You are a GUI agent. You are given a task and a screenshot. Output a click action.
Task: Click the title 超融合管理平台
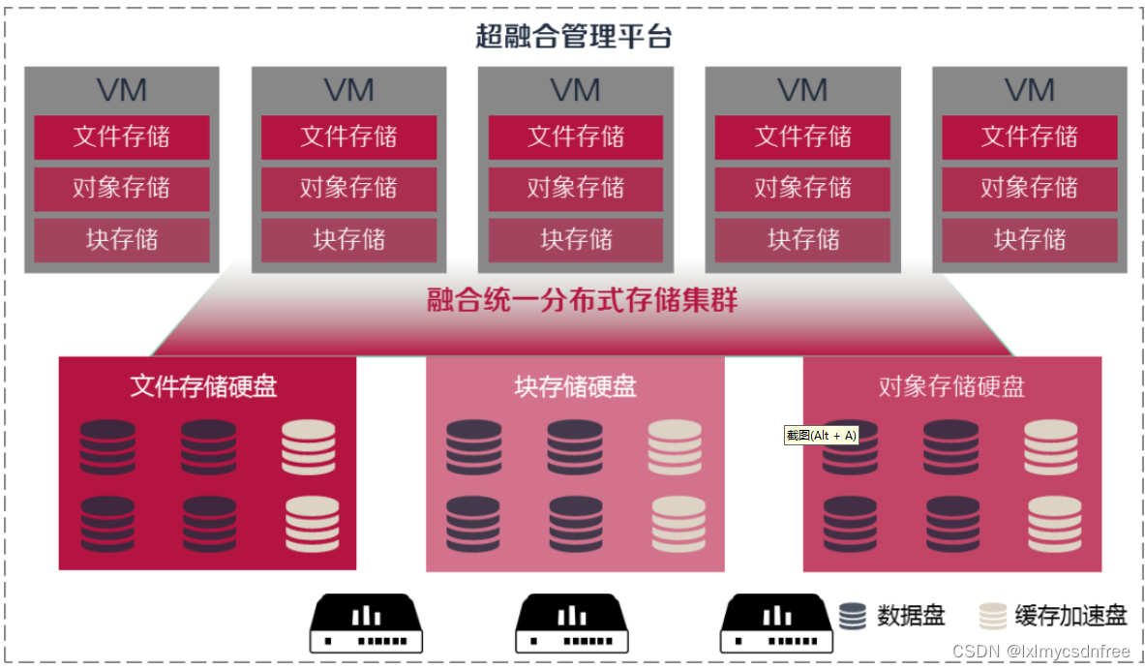tap(573, 37)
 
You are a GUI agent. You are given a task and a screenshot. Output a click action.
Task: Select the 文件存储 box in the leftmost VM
tap(122, 137)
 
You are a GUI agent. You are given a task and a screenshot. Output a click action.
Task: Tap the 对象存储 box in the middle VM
tap(576, 188)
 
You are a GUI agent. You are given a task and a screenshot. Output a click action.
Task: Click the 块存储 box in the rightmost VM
tap(1030, 239)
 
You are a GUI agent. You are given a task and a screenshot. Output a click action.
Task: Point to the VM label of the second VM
tap(348, 91)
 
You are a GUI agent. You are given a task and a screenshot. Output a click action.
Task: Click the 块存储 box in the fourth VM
tap(802, 239)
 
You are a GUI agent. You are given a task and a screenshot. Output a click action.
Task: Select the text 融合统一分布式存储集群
tap(583, 300)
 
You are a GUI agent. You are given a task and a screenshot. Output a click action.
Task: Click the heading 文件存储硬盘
tap(203, 386)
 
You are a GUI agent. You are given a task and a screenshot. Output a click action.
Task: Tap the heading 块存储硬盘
tap(575, 386)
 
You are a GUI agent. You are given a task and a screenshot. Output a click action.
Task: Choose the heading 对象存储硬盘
tap(951, 386)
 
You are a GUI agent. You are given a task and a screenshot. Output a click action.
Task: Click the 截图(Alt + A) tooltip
tap(821, 436)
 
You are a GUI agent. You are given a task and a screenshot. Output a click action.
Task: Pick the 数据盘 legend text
tap(911, 616)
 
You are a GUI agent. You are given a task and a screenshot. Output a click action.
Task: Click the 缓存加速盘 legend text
tap(1070, 616)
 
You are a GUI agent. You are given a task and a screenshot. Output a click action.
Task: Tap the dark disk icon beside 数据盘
tap(853, 616)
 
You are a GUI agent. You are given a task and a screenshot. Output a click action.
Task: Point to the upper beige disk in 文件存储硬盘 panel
tap(309, 447)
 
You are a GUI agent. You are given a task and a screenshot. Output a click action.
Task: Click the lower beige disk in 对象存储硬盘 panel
tap(1054, 523)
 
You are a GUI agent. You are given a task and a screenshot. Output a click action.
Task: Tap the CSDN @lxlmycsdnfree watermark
tap(1040, 653)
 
